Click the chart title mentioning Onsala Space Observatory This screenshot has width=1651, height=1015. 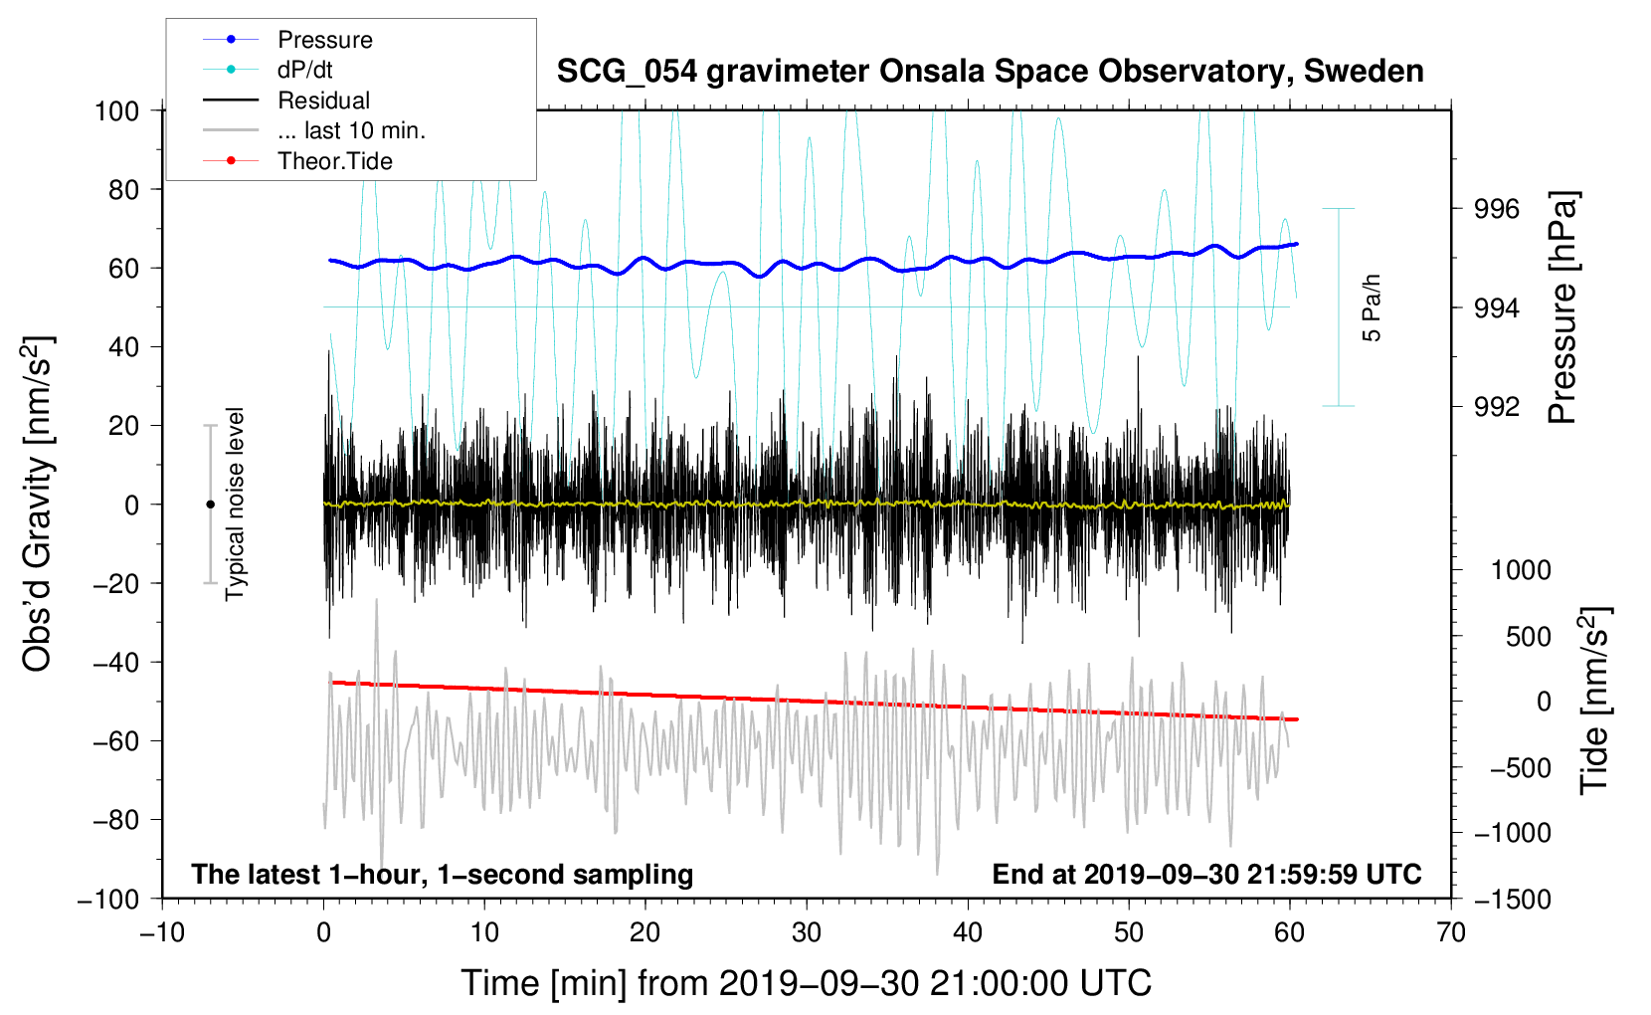(x=990, y=72)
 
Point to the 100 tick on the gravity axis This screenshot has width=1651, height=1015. (x=116, y=110)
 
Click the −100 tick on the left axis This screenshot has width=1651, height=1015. (x=108, y=899)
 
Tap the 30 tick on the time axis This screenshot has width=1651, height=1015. (x=807, y=932)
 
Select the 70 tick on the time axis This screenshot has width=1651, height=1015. (x=1451, y=932)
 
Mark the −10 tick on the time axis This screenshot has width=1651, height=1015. (x=162, y=932)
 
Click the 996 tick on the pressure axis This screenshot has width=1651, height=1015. (x=1497, y=209)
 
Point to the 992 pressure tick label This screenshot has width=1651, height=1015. (x=1497, y=406)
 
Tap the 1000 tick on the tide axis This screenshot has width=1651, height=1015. (x=1520, y=570)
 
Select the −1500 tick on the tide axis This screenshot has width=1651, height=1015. (x=1512, y=899)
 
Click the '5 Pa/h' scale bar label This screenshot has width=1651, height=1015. (x=1373, y=307)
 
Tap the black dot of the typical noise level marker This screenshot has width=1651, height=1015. (x=210, y=505)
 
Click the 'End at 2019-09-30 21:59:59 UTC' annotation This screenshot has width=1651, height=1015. (x=1206, y=874)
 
